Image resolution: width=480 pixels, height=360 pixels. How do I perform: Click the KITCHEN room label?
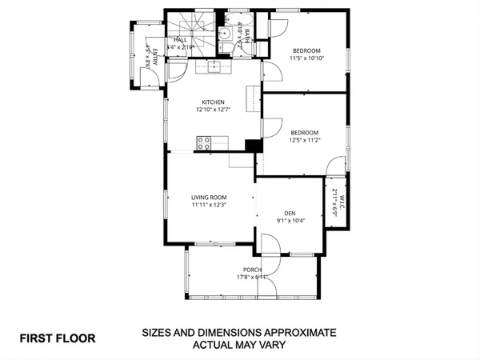click(212, 102)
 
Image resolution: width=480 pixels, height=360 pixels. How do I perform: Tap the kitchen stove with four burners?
click(204, 144)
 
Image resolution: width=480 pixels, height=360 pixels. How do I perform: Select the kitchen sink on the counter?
click(214, 67)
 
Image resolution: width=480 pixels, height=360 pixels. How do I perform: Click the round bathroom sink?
click(226, 34)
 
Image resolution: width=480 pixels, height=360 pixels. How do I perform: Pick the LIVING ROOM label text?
click(209, 197)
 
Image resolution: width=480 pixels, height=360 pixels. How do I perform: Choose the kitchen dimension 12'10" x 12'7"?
click(212, 110)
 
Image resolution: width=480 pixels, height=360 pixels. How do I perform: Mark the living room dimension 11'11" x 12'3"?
click(209, 205)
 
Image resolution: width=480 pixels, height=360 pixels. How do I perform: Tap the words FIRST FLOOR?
click(57, 338)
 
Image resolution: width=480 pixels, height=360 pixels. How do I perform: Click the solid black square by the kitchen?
click(254, 146)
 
